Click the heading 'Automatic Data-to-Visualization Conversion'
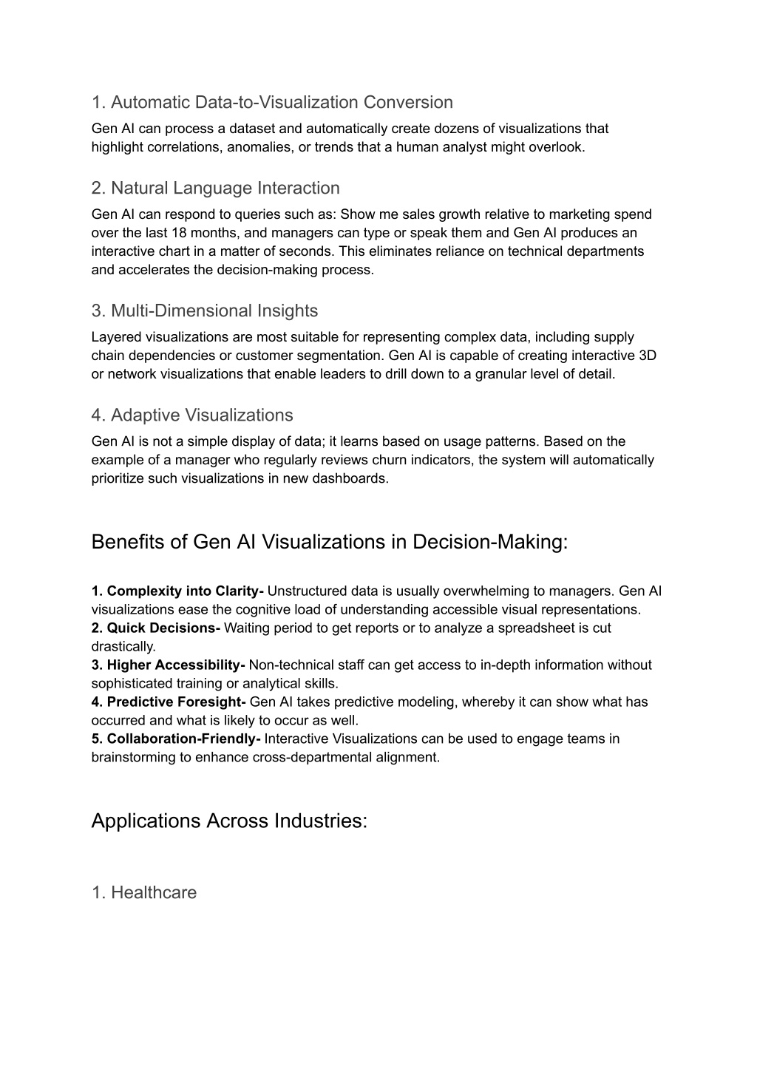tap(272, 102)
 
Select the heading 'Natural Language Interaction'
tap(215, 188)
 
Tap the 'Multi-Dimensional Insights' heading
tap(204, 310)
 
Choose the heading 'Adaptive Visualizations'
tap(192, 415)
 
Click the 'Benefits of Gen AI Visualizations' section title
tap(330, 542)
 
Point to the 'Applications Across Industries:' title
tap(229, 821)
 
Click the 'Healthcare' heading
tap(144, 892)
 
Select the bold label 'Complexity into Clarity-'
tap(178, 591)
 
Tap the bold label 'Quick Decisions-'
tap(156, 628)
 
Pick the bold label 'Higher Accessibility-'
tap(169, 665)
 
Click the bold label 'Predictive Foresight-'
tap(169, 702)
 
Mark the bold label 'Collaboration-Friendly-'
tap(176, 739)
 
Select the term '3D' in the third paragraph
tap(648, 356)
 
